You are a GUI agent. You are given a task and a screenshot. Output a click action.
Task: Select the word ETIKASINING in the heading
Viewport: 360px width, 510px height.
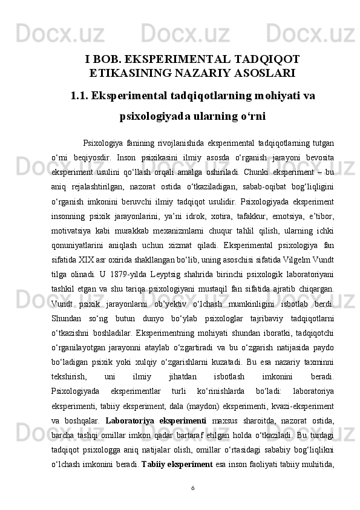[x=129, y=74]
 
